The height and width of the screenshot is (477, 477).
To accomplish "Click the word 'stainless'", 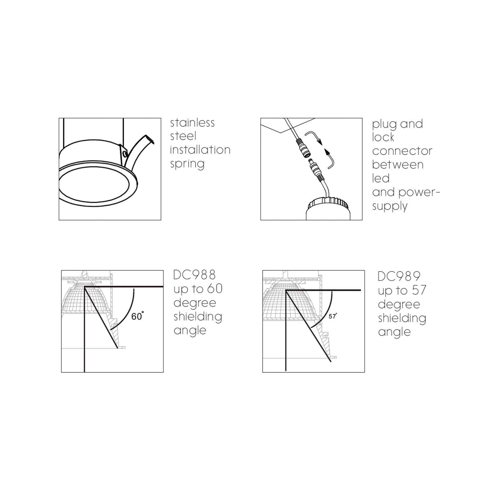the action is click(192, 123).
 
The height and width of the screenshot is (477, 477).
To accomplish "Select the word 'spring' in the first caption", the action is click(187, 164).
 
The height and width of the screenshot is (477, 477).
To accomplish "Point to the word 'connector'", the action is click(402, 151).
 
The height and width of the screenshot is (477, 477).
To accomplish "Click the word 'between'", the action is click(397, 165).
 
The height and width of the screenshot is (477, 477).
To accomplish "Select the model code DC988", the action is click(195, 275).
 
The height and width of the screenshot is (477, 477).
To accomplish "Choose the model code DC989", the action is click(399, 276).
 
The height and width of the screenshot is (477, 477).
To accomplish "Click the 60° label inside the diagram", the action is click(137, 316).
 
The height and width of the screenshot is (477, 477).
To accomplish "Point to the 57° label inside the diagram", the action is click(333, 317).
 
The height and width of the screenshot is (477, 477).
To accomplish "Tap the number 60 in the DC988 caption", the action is click(215, 289).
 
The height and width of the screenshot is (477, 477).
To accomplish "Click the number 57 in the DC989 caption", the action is click(419, 290).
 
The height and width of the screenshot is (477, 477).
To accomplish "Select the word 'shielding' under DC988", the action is click(198, 317).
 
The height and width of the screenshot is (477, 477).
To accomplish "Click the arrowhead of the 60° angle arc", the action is click(134, 290).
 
